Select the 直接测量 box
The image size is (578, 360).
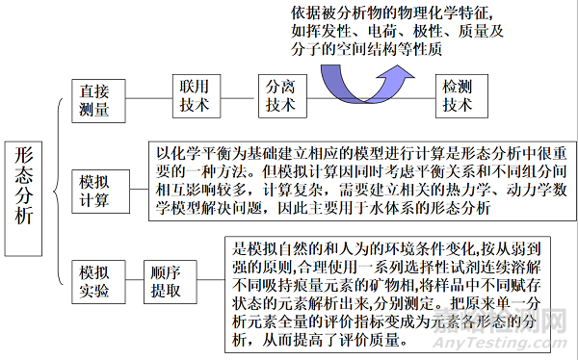(x=95, y=98)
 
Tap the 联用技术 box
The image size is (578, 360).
(x=194, y=94)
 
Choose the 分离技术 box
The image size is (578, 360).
(x=280, y=94)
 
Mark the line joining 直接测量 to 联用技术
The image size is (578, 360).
(x=145, y=95)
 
